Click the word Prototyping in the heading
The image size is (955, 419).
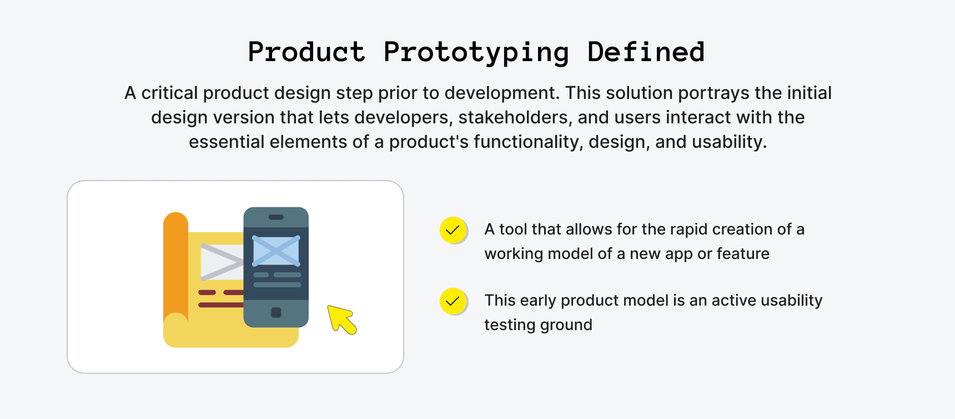click(476, 53)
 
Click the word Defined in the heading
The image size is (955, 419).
click(646, 52)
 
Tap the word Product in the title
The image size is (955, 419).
click(306, 52)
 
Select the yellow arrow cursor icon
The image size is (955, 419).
click(341, 320)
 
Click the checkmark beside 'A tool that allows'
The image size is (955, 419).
click(453, 230)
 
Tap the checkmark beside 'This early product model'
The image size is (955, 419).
click(453, 301)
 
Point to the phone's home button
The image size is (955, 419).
click(276, 312)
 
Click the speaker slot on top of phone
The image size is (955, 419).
click(276, 217)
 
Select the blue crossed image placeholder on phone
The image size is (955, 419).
click(276, 251)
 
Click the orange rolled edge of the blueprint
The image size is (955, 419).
click(175, 267)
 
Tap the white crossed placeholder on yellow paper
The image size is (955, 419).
click(221, 261)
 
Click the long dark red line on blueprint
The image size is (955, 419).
click(220, 305)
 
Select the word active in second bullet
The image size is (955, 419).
click(733, 300)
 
